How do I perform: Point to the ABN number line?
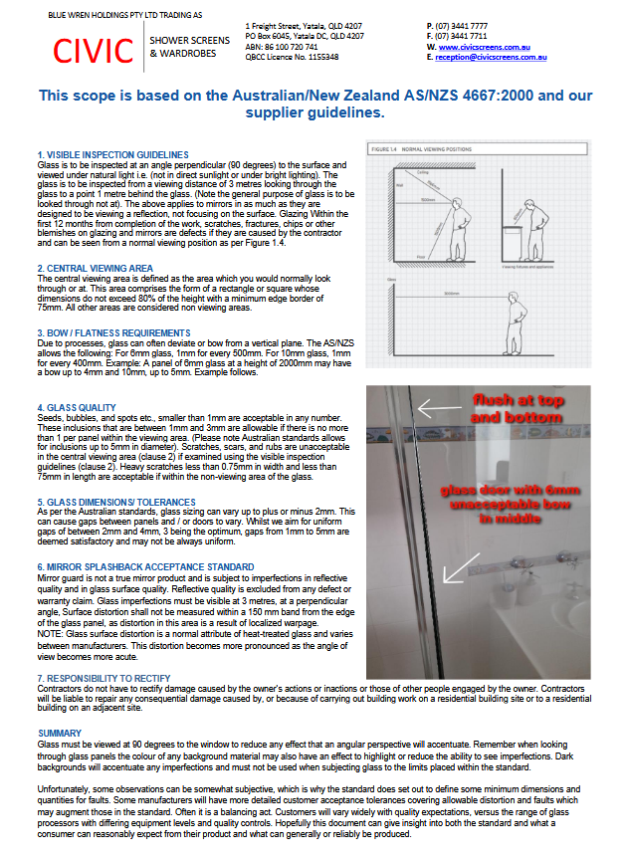[282, 47]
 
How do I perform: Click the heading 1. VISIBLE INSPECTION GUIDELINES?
[112, 154]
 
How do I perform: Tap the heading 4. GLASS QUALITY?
[77, 407]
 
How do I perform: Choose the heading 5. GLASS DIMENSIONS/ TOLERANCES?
[117, 501]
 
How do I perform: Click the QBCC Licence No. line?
[292, 57]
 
